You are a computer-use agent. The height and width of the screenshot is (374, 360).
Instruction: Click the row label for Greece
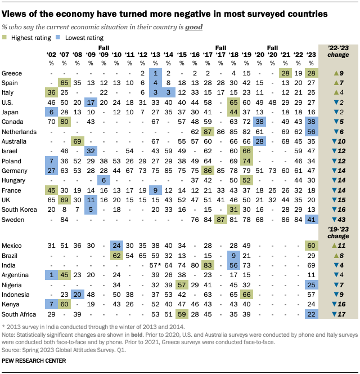click(x=12, y=73)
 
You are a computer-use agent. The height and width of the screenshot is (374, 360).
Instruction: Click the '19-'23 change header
click(x=339, y=233)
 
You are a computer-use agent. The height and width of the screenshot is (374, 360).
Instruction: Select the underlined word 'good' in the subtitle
click(x=194, y=26)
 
